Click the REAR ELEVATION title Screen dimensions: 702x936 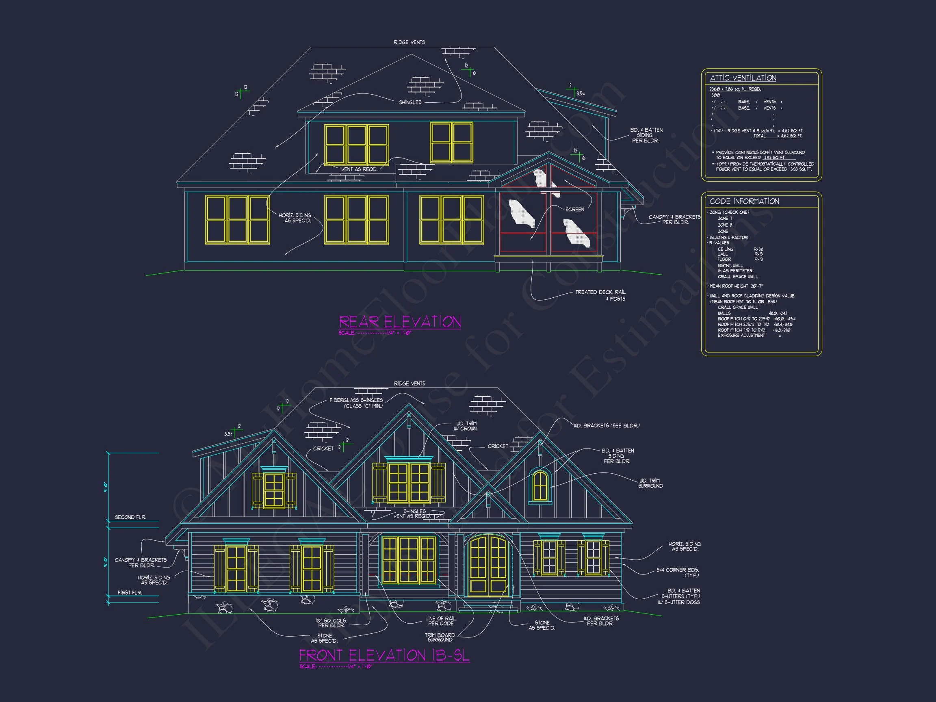coord(400,322)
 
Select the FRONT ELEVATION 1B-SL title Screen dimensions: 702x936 coord(384,655)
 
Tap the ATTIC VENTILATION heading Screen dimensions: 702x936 coord(743,78)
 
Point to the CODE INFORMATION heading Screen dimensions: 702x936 coord(744,201)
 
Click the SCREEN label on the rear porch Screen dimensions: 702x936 coord(574,210)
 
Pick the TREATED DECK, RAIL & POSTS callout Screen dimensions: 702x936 coord(600,295)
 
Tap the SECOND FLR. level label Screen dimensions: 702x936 coord(130,517)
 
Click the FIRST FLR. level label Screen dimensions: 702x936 coord(130,592)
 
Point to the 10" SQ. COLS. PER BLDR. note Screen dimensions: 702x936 coord(331,623)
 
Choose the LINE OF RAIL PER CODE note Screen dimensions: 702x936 coord(440,621)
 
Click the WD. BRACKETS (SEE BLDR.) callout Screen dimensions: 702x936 coord(607,426)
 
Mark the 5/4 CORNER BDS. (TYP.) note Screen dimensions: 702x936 coord(678,572)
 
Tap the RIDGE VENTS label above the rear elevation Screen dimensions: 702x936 coord(409,42)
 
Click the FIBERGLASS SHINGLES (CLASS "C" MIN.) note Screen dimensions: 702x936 coord(356,403)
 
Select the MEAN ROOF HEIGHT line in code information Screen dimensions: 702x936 coord(736,286)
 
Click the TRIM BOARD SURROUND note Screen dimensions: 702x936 coord(440,637)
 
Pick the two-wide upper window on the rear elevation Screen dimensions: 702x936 coord(451,143)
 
